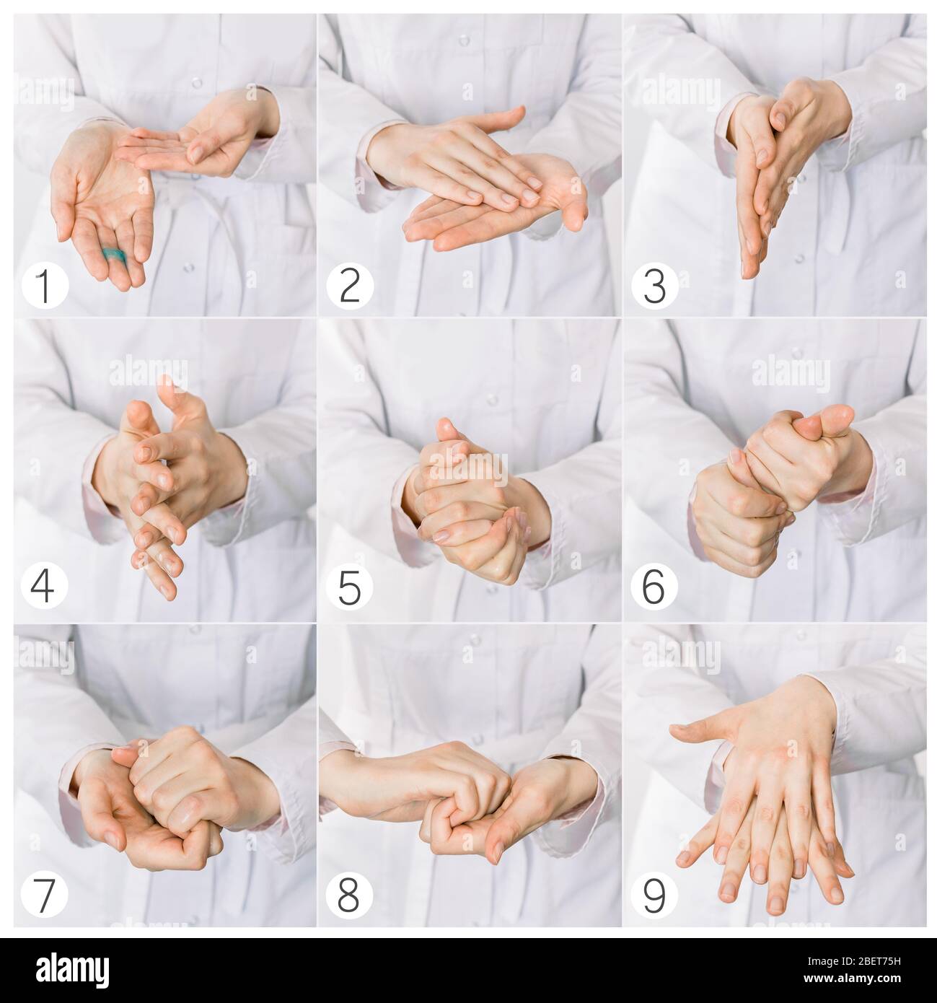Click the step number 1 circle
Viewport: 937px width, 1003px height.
coord(45,285)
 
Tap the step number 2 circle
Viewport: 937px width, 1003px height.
coord(350,285)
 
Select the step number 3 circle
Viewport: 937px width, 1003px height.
coord(655,285)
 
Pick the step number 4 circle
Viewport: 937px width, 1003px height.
coord(45,586)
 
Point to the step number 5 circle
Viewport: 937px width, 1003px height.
coord(349,586)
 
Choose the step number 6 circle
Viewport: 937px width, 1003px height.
coord(654,586)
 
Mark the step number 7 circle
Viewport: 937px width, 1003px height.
coord(45,895)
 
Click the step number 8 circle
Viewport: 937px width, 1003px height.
coord(349,895)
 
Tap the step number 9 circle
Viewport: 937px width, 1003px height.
coord(654,895)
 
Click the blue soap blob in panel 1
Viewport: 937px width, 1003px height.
coord(113,254)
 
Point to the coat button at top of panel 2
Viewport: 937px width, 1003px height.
coord(464,40)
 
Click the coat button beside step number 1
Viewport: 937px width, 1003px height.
coord(188,267)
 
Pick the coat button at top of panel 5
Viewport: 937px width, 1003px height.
coord(491,400)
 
